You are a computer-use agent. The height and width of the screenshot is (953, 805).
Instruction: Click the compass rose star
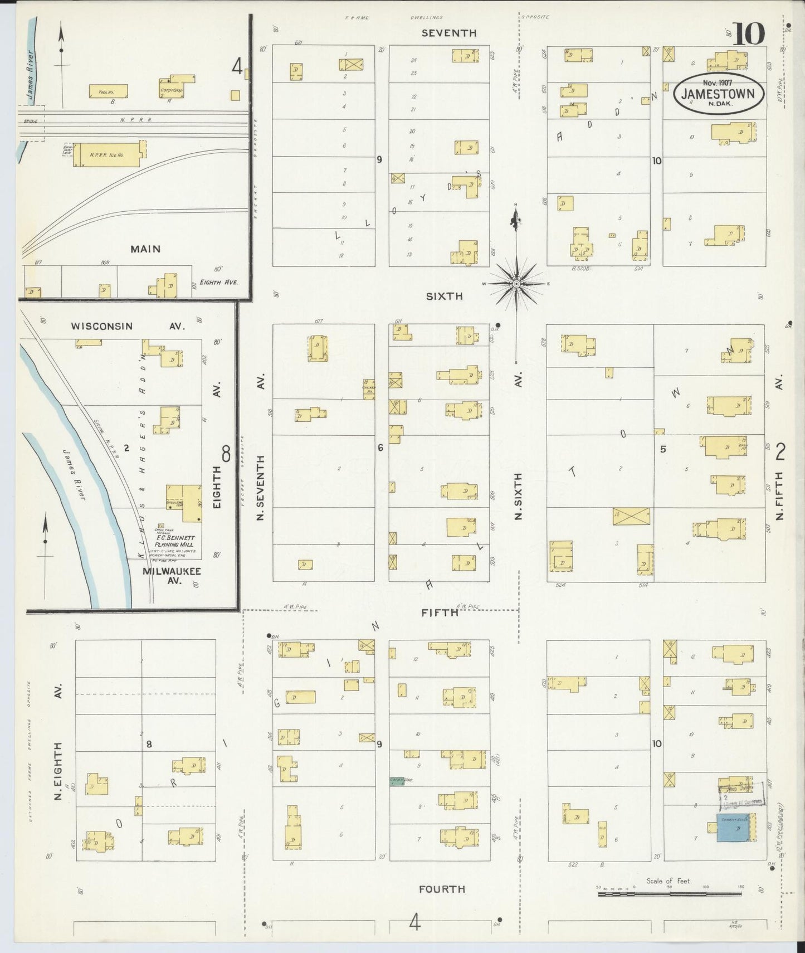point(516,284)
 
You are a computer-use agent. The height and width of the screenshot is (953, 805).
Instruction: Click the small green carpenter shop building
point(397,781)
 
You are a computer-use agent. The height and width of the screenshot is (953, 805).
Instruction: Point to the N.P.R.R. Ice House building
point(109,154)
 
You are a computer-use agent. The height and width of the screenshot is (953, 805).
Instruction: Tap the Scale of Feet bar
point(669,893)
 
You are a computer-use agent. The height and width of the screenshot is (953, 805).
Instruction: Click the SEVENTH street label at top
point(449,33)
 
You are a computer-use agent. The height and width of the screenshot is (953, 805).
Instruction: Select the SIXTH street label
point(444,296)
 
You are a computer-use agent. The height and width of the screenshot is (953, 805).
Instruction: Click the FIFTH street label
point(440,612)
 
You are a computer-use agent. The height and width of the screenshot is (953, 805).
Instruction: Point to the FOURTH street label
point(442,888)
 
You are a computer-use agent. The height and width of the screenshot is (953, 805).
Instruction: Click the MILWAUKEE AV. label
point(171,575)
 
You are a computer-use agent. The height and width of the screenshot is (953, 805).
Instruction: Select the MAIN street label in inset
point(145,249)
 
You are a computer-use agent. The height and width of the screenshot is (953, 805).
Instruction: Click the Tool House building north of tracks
point(108,91)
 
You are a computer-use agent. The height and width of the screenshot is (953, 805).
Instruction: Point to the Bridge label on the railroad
point(31,120)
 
